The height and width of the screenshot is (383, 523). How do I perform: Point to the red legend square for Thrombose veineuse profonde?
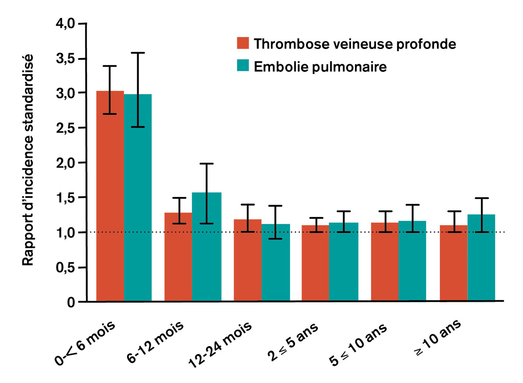point(243,43)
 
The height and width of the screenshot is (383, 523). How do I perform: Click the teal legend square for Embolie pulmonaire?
point(243,65)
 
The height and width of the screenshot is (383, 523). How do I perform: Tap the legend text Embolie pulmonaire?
point(320,66)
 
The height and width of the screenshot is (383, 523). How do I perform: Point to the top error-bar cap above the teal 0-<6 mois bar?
point(138,53)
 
